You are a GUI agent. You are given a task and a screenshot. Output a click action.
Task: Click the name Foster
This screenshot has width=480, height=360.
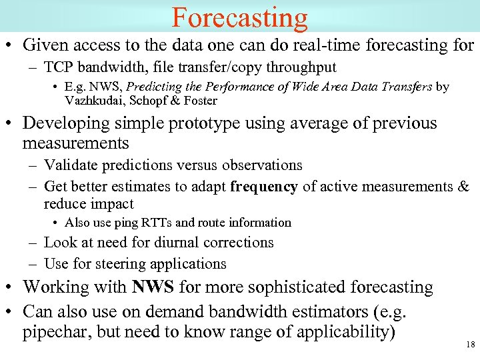[x=197, y=101]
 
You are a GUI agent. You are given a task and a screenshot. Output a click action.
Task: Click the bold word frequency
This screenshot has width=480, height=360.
[x=264, y=187]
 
